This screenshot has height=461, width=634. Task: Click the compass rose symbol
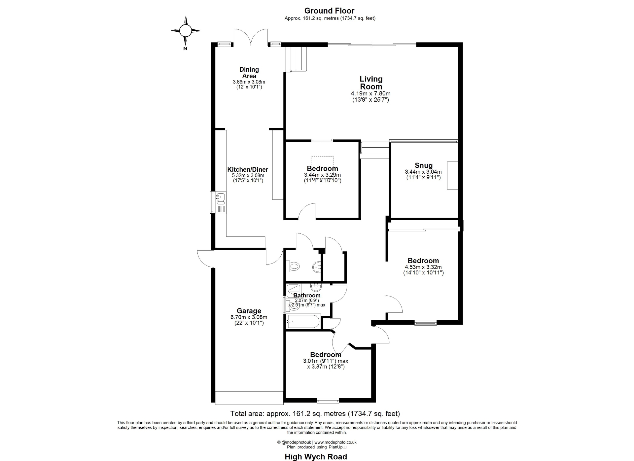[x=185, y=31]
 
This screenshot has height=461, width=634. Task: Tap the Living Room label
[x=371, y=83]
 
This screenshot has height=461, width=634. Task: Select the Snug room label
[x=424, y=165]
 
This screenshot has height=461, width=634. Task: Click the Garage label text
[x=249, y=311]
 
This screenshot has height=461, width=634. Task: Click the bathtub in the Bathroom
[x=303, y=321]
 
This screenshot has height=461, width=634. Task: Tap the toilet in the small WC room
[x=293, y=266]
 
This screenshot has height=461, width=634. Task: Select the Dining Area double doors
[x=251, y=37]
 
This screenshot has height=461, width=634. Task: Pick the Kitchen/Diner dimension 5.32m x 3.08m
[x=248, y=175]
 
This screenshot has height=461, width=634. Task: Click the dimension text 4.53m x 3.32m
[x=423, y=267]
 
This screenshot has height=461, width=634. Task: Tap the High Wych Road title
[x=316, y=457]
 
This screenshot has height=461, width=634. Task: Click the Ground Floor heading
[x=329, y=11]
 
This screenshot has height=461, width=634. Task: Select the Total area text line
[x=315, y=413]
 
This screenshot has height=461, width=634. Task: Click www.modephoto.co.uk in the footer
[x=335, y=442]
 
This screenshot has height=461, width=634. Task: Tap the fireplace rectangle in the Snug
[x=453, y=175]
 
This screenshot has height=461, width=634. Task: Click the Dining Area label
[x=249, y=73]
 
